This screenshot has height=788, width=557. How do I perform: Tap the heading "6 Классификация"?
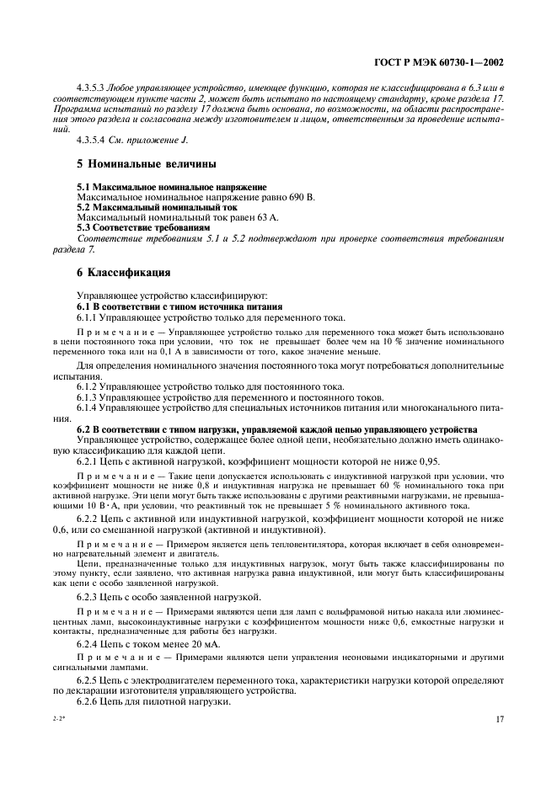[124, 273]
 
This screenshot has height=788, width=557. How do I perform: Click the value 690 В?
[299, 196]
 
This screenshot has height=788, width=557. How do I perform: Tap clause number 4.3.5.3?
[91, 88]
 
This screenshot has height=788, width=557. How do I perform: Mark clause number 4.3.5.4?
[91, 139]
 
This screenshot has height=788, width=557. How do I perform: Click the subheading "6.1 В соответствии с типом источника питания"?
[179, 306]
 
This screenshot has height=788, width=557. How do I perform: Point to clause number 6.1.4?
[91, 407]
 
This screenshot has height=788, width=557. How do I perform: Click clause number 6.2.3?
[91, 595]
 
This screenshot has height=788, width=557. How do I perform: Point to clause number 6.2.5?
[91, 679]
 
